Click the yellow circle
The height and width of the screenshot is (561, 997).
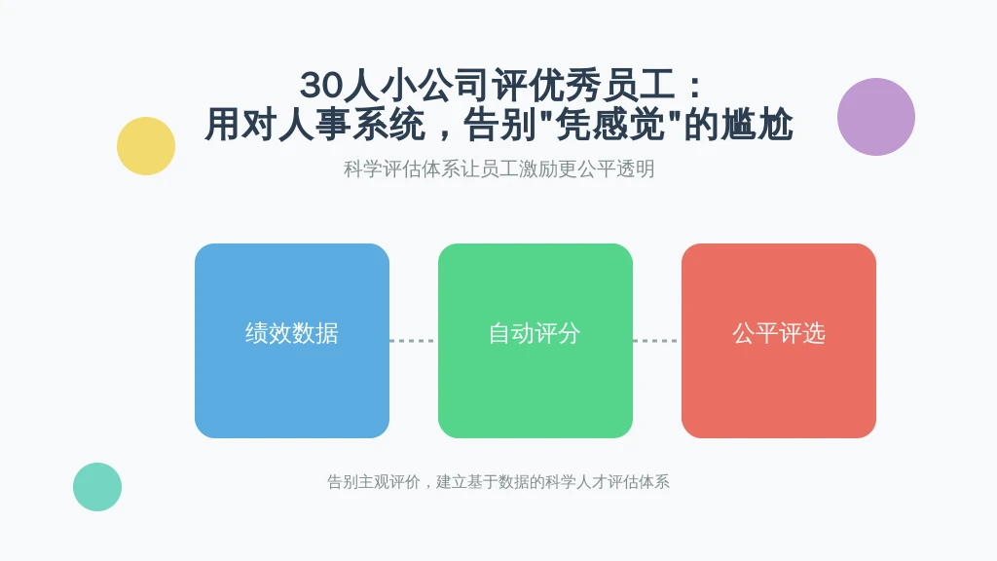point(146,146)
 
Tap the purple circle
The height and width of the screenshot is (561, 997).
point(875,117)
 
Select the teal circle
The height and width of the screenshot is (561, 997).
point(97,487)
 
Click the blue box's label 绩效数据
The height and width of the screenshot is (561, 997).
point(292,333)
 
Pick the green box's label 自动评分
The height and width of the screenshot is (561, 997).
point(535,333)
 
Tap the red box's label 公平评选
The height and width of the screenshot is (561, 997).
point(779,333)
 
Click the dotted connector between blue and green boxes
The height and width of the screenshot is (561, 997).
point(413,341)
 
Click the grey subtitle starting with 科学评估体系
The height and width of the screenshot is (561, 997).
point(499,169)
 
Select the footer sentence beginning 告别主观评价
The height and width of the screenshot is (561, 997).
point(498,482)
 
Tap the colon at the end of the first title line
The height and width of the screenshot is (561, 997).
point(694,87)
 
